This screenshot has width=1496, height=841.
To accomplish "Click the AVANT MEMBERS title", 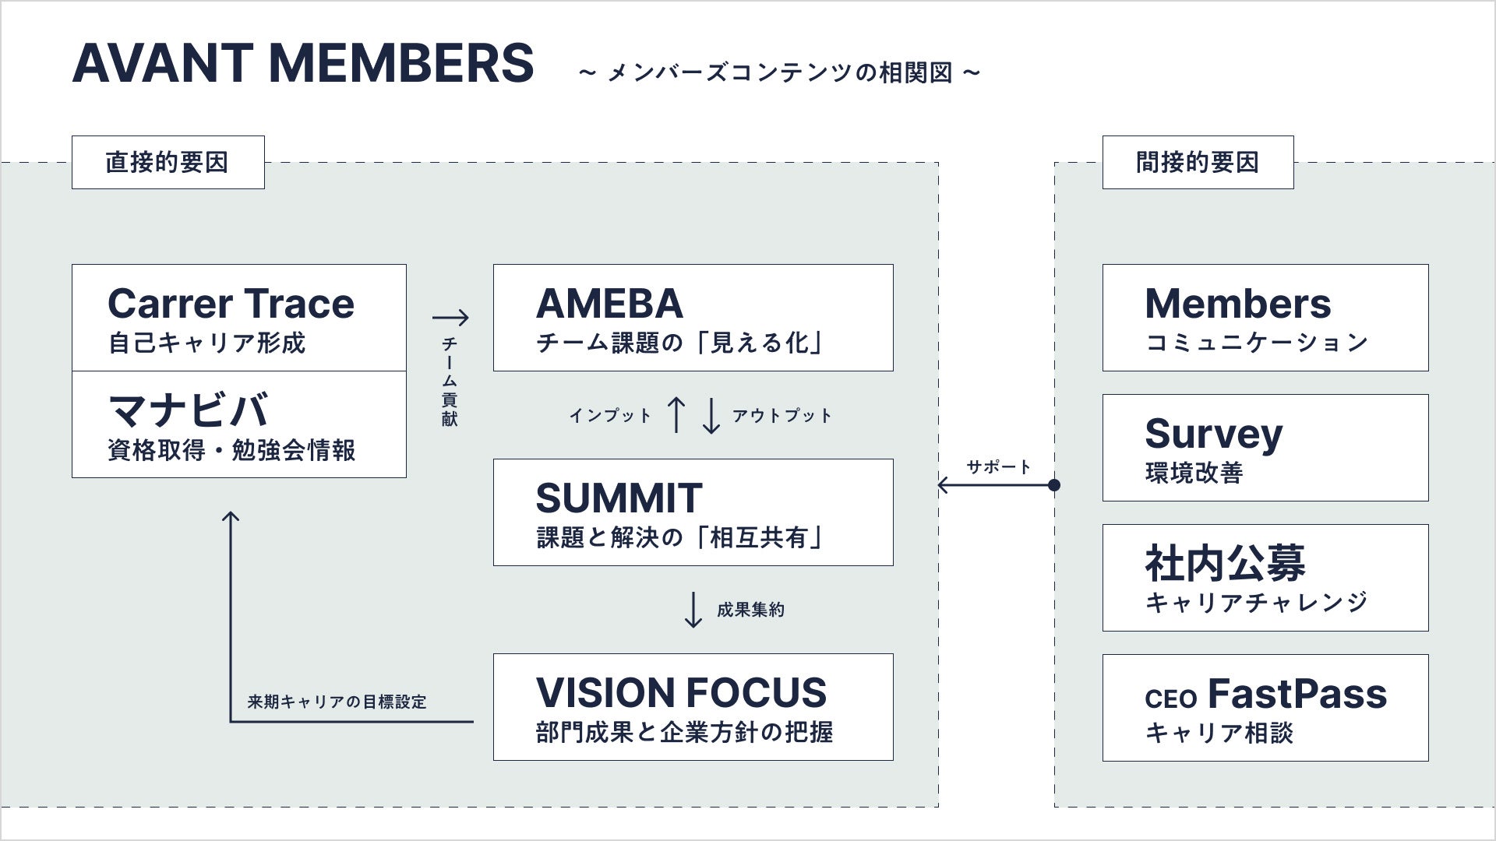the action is coord(303,63).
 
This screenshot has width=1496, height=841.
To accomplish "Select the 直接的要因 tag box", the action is coord(168,162).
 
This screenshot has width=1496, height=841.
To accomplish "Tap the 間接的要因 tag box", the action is coord(1198,162).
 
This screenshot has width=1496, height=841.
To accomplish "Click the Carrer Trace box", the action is coord(239,318).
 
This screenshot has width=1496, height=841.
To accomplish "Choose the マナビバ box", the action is coord(239,424).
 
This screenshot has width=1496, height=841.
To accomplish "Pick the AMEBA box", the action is coord(693,318).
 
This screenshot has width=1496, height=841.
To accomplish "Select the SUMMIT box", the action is coord(693,512).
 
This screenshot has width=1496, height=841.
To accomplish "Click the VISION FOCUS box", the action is coord(693,707).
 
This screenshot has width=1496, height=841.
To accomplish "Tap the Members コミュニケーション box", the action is coord(1265,318).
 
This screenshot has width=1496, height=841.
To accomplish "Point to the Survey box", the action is coord(1265,448).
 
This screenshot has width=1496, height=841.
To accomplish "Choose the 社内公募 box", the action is coord(1265,578).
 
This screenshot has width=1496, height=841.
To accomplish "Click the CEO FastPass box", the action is coord(1265,708).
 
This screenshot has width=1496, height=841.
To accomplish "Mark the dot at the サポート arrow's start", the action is coord(1054,485).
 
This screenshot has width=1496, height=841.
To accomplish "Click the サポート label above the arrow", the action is coord(999,467).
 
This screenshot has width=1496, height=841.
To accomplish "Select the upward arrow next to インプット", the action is coord(676,415).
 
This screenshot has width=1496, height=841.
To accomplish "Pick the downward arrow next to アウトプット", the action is coord(711,415).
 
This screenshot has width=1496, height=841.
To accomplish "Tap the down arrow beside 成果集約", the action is coord(693,610).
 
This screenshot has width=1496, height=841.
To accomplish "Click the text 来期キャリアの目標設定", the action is coord(337,702).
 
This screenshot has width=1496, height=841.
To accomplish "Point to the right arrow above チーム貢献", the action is coord(450,317).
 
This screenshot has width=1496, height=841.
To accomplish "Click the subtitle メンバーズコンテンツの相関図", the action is coord(779,73).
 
